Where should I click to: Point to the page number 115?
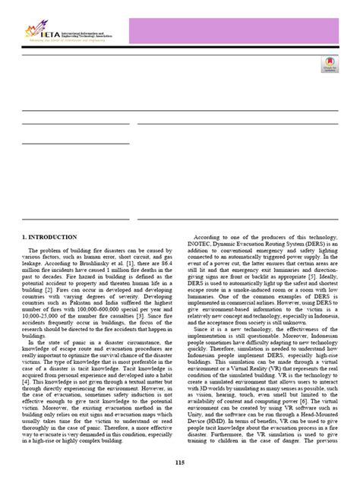coord(179,463)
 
